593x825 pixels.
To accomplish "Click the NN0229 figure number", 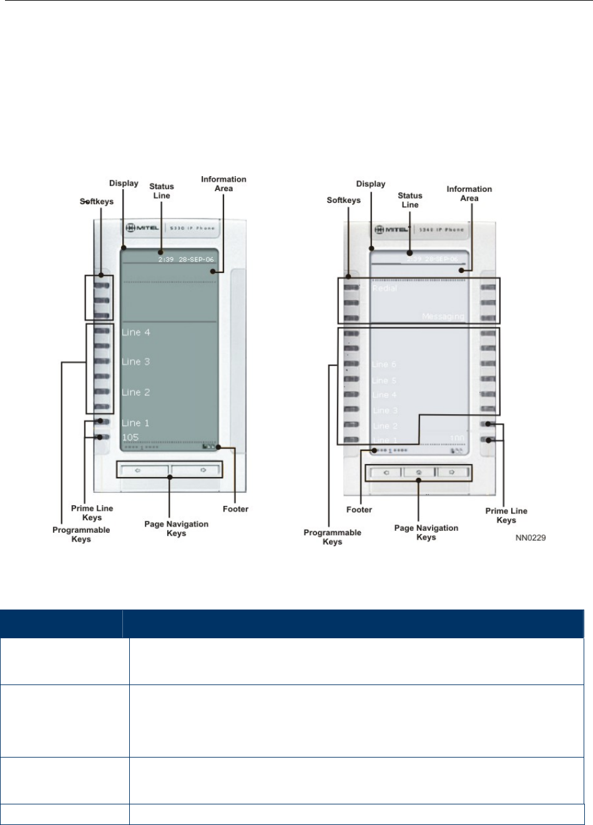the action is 531,537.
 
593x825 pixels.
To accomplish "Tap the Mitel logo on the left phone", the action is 142,228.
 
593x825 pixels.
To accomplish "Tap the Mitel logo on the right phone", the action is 391,230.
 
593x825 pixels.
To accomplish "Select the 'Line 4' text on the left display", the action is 136,332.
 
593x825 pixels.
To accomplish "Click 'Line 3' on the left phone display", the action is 136,362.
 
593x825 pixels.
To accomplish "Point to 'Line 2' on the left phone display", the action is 136,392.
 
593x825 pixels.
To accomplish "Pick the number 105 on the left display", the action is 130,437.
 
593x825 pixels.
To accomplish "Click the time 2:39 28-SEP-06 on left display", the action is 185,259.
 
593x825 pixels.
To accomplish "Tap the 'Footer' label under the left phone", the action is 235,509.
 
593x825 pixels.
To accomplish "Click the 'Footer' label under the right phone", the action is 359,510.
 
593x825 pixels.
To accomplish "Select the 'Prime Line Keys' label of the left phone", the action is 92,513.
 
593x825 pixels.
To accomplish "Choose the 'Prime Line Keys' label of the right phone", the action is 506,515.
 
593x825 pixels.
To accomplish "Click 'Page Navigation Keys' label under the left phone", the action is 176,528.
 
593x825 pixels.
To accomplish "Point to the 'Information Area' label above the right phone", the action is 469,194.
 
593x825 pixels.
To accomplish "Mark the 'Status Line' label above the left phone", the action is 162,190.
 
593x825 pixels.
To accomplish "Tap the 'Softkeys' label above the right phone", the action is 343,200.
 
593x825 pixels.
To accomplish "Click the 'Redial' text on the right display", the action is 385,289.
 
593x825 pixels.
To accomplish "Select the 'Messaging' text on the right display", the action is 443,317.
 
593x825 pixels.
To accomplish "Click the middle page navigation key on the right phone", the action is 419,473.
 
